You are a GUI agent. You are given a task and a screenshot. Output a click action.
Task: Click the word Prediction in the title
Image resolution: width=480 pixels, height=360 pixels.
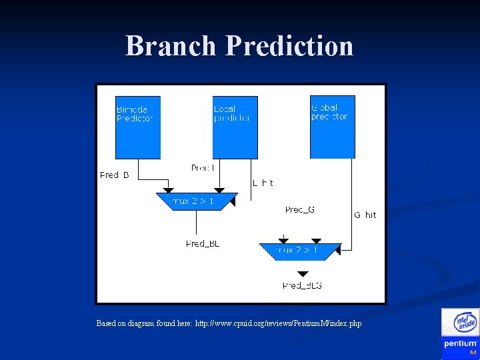(x=289, y=46)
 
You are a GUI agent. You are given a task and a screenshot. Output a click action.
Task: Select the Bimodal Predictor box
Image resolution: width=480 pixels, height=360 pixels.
(x=138, y=127)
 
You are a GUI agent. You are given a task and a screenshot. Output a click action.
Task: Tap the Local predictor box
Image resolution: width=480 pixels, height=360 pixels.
(x=235, y=127)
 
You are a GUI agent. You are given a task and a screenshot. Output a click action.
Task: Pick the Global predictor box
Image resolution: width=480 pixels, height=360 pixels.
(x=332, y=127)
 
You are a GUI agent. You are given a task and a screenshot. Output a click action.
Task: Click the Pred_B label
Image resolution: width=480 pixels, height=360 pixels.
(x=114, y=175)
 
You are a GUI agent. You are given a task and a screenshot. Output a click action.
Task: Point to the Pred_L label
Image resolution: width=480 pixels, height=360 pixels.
(x=203, y=168)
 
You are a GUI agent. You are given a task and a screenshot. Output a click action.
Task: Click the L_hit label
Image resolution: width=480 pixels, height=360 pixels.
(x=263, y=183)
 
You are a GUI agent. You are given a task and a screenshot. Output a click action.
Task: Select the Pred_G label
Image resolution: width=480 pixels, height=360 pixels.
(x=299, y=210)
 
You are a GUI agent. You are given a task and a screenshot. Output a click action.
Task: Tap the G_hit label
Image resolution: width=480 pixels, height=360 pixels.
(x=365, y=215)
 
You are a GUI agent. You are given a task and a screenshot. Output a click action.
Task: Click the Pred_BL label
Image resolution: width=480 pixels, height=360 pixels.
(x=203, y=244)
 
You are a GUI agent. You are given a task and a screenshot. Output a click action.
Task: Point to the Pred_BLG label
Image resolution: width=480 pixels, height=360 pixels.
(x=302, y=285)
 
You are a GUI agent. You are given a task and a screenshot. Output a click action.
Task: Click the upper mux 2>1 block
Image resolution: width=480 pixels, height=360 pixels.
(x=196, y=201)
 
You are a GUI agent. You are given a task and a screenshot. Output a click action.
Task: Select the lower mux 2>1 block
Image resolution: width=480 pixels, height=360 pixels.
(x=300, y=251)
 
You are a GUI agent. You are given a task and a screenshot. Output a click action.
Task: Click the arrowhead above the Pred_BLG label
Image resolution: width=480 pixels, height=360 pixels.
(x=303, y=273)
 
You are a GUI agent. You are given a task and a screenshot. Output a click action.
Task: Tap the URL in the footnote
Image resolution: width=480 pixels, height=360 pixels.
(x=278, y=323)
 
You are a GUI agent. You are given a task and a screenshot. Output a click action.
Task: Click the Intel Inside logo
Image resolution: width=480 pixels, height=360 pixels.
(x=460, y=323)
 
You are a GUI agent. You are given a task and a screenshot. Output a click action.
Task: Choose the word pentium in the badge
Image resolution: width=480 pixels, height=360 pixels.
(x=460, y=344)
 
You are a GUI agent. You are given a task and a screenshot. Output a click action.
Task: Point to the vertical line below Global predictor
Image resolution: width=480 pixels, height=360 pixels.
(x=350, y=200)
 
